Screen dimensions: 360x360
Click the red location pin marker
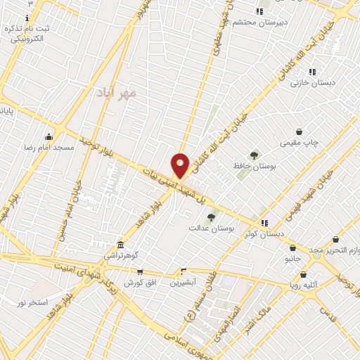pyautogui.click(x=180, y=165)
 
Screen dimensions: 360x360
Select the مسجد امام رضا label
pyautogui.click(x=48, y=148)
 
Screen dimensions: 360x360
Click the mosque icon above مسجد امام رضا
pyautogui.click(x=49, y=136)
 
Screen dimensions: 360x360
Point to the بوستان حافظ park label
pyautogui.click(x=254, y=167)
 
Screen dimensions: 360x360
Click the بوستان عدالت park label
pyautogui.click(x=210, y=229)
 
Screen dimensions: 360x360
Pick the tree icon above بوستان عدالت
pyautogui.click(x=211, y=217)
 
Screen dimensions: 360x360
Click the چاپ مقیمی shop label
pyautogui.click(x=300, y=143)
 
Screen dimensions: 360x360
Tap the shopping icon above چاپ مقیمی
pyautogui.click(x=300, y=131)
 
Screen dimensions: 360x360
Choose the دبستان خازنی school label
pyautogui.click(x=310, y=83)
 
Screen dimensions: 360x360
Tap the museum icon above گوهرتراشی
pyautogui.click(x=121, y=245)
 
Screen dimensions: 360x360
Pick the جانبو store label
pyautogui.click(x=292, y=259)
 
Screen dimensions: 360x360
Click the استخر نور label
pyautogui.click(x=32, y=302)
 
